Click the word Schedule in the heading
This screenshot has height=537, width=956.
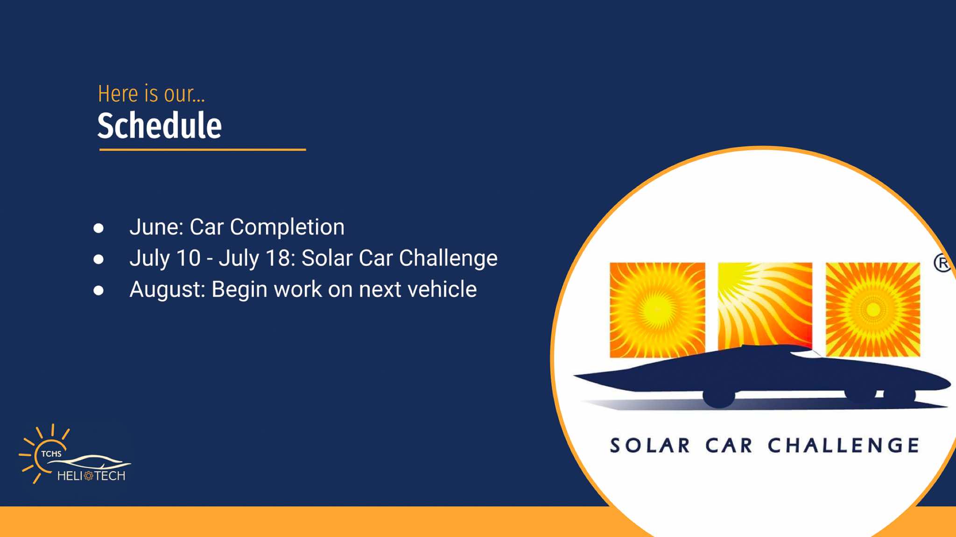click(x=159, y=126)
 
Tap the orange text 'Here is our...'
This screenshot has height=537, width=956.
click(x=151, y=94)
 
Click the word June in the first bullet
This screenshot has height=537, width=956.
click(x=156, y=227)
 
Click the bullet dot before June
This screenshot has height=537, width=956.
click(x=98, y=228)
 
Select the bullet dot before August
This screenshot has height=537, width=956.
click(x=98, y=291)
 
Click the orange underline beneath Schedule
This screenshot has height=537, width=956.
click(x=203, y=150)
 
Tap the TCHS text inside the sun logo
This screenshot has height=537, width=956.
click(x=51, y=453)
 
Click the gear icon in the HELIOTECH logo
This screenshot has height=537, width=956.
click(x=89, y=476)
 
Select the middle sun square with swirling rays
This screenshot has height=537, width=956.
click(x=765, y=306)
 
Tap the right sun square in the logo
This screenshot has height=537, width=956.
click(x=873, y=309)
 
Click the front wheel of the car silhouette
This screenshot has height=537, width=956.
click(x=719, y=397)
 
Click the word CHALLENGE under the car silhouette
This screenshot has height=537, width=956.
click(x=844, y=446)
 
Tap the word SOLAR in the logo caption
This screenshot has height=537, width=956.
click(x=649, y=446)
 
